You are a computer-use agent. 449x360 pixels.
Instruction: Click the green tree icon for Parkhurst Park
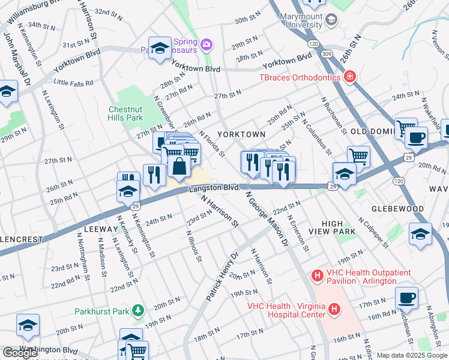[139, 310]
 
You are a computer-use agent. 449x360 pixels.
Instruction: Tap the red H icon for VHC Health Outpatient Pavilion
[317, 277]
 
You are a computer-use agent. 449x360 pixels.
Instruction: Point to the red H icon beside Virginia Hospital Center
[334, 310]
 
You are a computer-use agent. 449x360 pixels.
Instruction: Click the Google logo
[20, 353]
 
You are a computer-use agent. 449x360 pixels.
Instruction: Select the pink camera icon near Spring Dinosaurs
[206, 44]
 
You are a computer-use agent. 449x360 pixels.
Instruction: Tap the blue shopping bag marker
[179, 166]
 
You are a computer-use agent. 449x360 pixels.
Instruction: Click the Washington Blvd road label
[48, 349]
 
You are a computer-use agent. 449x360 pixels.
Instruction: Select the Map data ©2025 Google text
[411, 355]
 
